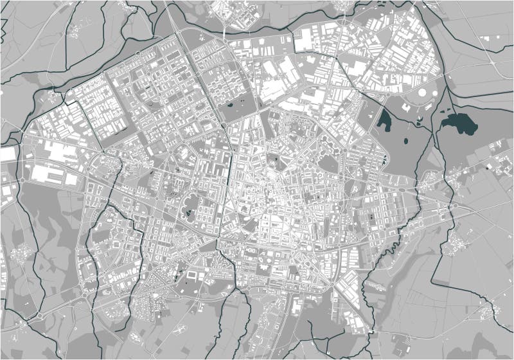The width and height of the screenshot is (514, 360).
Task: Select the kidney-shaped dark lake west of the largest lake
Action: pos(384,120)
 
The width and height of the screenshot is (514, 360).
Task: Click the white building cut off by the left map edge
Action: pos(7,154)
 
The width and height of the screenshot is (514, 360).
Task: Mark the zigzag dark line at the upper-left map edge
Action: pos(5,26)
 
